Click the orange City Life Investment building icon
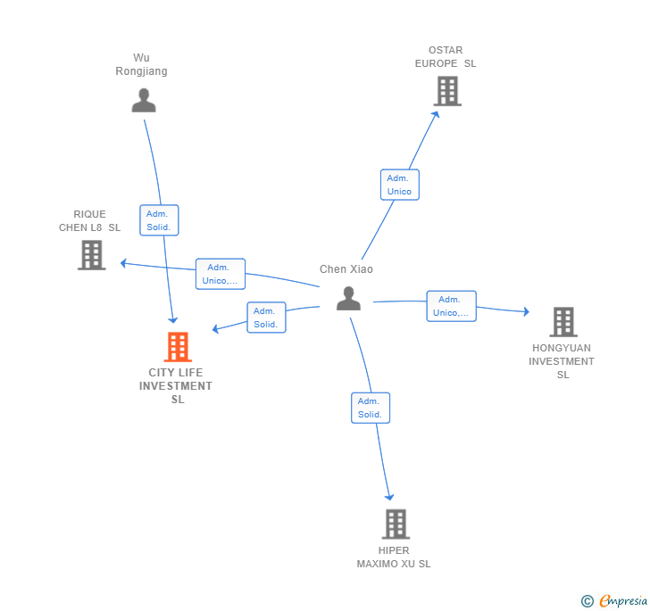click(178, 347)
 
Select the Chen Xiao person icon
click(348, 298)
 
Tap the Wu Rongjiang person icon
click(144, 100)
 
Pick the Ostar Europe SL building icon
click(447, 91)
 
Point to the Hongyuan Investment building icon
click(563, 322)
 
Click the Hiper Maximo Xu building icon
click(396, 524)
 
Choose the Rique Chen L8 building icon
click(92, 255)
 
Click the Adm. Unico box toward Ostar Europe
click(400, 185)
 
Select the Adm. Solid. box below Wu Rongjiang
click(159, 220)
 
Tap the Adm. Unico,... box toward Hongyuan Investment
click(452, 306)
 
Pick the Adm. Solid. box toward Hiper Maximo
click(371, 408)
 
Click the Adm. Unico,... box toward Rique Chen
click(221, 274)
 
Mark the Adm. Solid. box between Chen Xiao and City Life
click(267, 318)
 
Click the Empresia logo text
click(623, 600)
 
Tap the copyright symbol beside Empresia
click(587, 600)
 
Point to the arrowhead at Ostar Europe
click(436, 115)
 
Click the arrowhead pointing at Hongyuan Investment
click(527, 311)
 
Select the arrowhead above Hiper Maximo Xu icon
click(389, 497)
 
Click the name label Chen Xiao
click(346, 269)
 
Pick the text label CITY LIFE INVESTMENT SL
click(176, 386)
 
